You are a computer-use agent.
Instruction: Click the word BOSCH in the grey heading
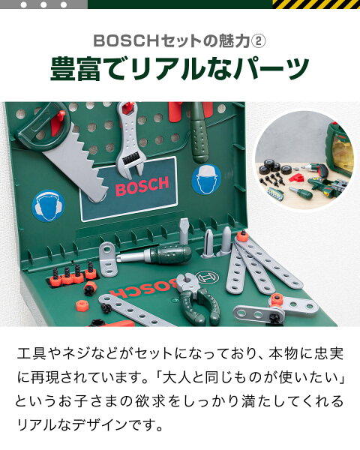point(126,41)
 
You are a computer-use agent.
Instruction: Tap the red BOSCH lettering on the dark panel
point(142,186)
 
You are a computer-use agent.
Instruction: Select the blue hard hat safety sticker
point(205,180)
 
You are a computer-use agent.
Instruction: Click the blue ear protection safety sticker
point(48,206)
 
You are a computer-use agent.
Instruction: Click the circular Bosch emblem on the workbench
point(207,277)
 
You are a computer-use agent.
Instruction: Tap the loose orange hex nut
point(82,306)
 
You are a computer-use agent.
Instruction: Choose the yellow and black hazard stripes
point(316,4)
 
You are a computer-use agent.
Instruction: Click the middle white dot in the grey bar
point(43,5)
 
